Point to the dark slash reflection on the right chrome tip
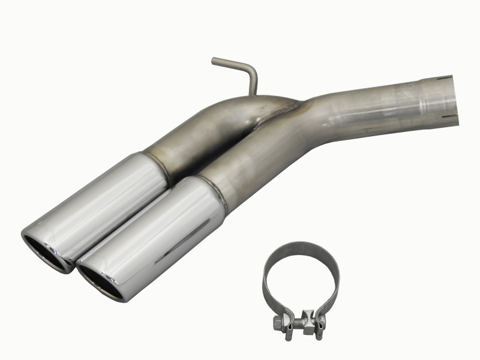[x=180, y=240]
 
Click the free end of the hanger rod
[x=215, y=59]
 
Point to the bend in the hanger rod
[x=252, y=69]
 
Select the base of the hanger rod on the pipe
[x=254, y=93]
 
